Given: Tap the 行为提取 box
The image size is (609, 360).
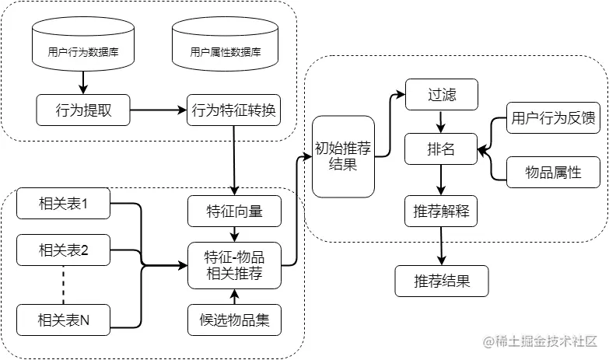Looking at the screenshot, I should click(83, 110).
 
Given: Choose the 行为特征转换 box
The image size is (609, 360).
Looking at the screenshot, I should click(233, 110).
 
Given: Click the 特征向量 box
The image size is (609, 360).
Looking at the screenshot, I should click(233, 211).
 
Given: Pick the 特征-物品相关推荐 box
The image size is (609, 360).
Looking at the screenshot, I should click(233, 265).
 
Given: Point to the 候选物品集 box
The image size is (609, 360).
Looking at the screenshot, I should click(233, 320).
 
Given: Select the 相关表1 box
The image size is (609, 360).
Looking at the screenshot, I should click(63, 204).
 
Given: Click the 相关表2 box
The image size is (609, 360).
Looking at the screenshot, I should click(63, 250).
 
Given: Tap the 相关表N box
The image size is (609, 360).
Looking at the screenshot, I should click(63, 320).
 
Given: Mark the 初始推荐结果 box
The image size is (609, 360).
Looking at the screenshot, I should click(343, 156).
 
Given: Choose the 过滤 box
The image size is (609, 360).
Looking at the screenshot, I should click(442, 95).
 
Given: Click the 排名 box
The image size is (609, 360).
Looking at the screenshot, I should click(442, 149).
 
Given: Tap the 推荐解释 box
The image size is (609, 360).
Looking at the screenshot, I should click(442, 211).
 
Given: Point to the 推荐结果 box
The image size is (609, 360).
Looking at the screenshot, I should click(442, 281).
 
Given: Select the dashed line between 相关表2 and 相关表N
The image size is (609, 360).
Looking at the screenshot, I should click(63, 285).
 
